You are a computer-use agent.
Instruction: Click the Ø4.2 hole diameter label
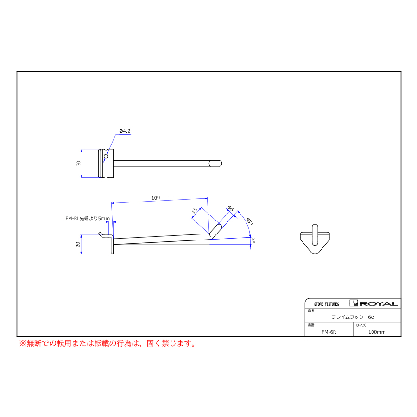coord(125,131)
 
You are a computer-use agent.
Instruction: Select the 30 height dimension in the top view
coord(78,163)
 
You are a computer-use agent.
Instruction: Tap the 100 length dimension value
coord(156,198)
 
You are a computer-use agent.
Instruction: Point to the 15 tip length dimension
coord(195,210)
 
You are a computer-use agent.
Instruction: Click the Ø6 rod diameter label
coord(231,208)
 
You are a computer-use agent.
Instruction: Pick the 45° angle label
coord(249,221)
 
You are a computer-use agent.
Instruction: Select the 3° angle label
coord(253,240)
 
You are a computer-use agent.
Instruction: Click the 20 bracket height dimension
coord(78,244)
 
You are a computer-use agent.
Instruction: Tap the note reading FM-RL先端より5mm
coord(88,218)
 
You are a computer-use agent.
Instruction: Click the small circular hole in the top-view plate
coord(106,157)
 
